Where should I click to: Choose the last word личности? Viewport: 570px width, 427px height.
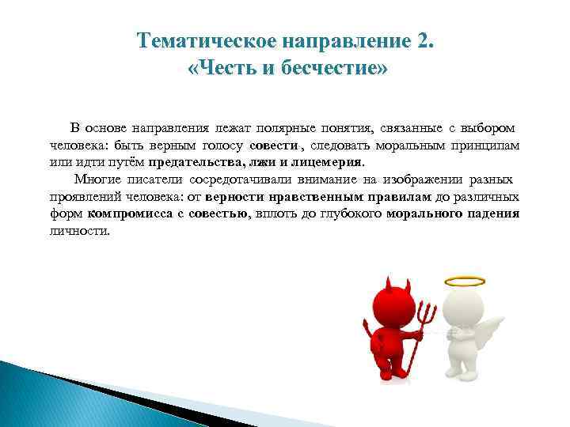[x=80, y=232]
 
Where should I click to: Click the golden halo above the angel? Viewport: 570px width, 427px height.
[x=463, y=282]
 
